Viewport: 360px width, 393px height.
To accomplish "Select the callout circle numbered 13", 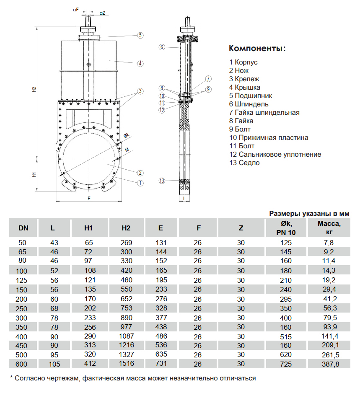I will click(x=162, y=181).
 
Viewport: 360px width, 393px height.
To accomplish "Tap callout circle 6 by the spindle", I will click(x=162, y=47).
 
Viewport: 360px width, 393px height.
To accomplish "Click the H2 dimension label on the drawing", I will click(x=35, y=89).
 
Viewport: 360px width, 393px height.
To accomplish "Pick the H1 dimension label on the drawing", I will click(x=35, y=174).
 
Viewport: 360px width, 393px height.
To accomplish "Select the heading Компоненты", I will click(x=257, y=49).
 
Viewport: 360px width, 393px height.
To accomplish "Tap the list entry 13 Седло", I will click(x=244, y=163).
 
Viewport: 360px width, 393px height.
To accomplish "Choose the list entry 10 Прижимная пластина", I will click(x=268, y=137).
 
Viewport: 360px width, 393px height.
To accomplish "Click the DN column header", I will click(x=23, y=228).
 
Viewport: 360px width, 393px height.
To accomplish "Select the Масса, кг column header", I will click(x=329, y=228).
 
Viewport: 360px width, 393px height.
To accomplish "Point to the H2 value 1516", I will click(x=126, y=364).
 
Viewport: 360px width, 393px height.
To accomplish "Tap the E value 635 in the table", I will click(x=161, y=354).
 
